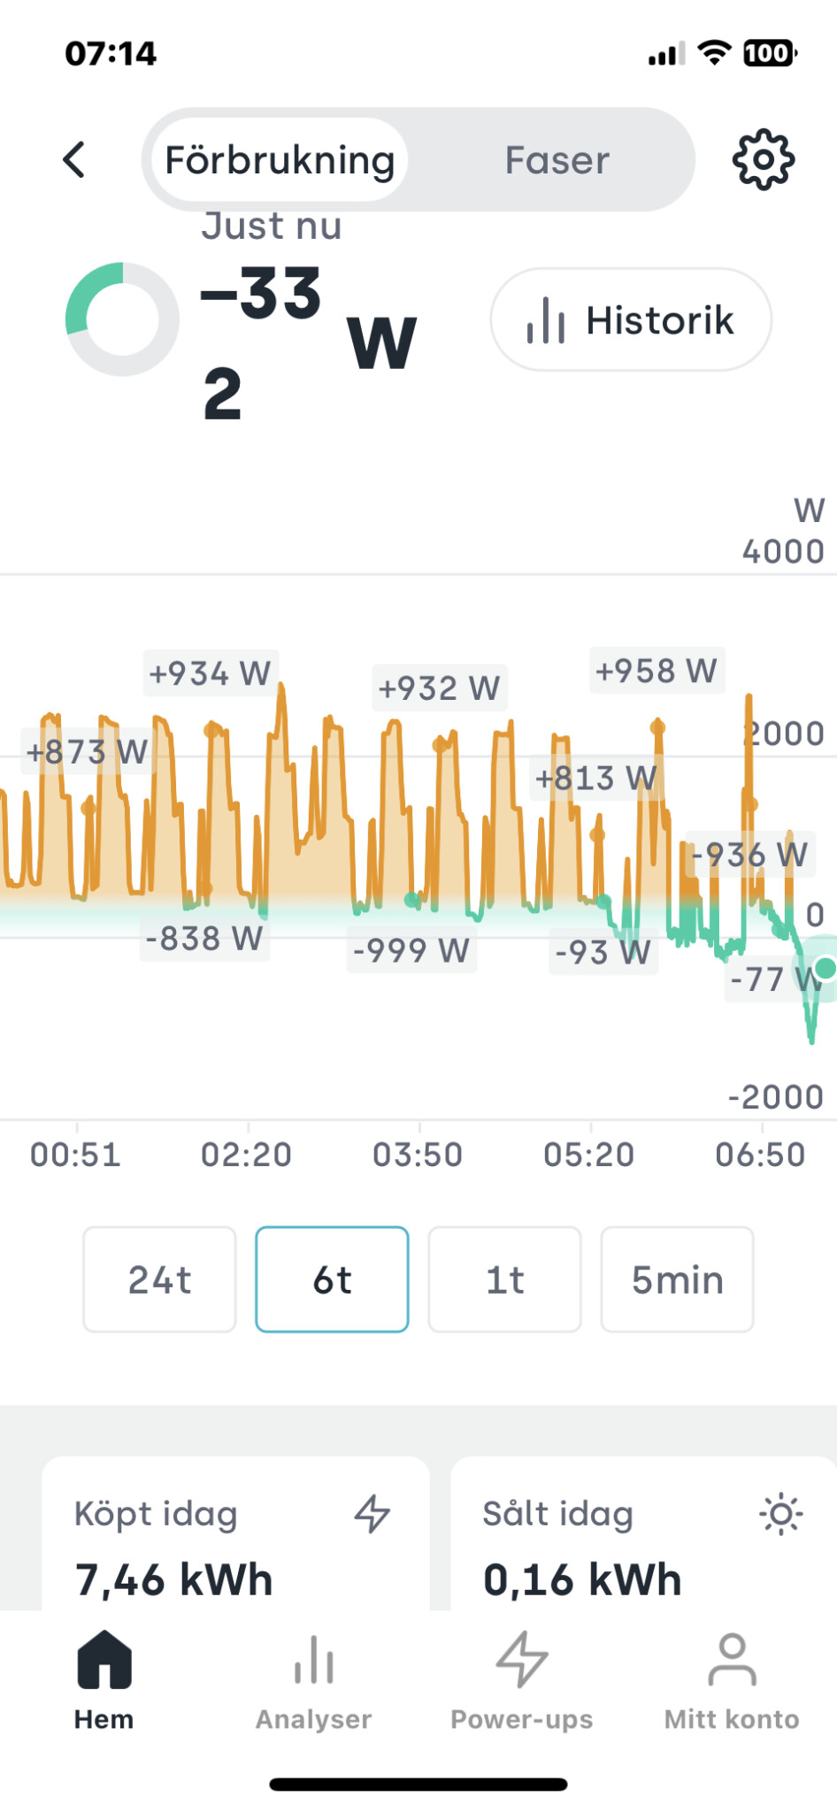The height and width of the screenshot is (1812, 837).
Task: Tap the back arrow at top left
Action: pos(75,160)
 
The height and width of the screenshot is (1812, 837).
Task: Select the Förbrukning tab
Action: pos(279,160)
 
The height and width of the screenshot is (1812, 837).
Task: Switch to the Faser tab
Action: pos(557,160)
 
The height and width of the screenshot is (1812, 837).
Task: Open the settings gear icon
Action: pos(763,160)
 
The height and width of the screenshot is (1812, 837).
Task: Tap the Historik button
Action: pos(631,319)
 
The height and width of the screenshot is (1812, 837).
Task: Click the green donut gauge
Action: pos(122,319)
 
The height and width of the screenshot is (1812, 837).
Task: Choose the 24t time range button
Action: pos(159,1279)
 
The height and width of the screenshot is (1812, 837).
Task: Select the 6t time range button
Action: pos(332,1279)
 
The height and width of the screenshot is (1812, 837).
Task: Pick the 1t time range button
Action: pos(504,1279)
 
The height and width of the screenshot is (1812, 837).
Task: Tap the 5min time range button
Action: pos(677,1279)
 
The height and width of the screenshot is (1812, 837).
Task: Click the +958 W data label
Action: pos(656,671)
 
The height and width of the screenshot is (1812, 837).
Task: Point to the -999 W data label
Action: pos(411,950)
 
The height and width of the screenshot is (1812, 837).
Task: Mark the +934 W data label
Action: pos(210,673)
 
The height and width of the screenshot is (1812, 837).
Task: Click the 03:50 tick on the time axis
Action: pos(418,1155)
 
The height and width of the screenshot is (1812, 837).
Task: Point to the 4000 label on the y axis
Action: pos(783,552)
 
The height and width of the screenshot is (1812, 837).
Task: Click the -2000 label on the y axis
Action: pos(776,1097)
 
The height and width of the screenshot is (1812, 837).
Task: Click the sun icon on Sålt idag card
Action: pos(780,1514)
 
